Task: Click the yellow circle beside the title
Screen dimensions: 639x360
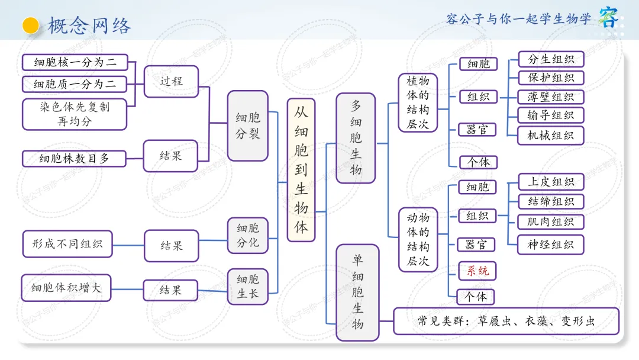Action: [x=31, y=25]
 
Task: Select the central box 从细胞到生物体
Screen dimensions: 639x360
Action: [x=301, y=170]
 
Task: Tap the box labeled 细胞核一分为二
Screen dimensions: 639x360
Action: [x=75, y=62]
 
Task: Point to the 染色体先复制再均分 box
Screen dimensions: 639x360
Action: [x=75, y=114]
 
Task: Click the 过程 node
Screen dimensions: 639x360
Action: [x=171, y=82]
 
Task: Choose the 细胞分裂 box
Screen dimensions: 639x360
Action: [x=248, y=126]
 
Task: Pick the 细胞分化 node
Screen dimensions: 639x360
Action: [x=248, y=236]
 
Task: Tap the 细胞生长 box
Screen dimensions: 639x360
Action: [x=248, y=287]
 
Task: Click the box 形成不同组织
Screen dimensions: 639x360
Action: [x=67, y=244]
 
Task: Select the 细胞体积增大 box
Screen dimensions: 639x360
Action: [x=66, y=288]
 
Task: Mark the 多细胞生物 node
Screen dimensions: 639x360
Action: [x=356, y=138]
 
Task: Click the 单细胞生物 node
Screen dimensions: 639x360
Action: [x=357, y=292]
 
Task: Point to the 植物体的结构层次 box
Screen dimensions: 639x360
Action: [x=418, y=103]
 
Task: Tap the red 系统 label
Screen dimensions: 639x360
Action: [x=477, y=271]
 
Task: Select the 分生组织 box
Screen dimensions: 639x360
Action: [x=551, y=59]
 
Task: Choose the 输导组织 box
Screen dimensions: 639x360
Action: [x=551, y=115]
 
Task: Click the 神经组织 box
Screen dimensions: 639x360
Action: [x=551, y=245]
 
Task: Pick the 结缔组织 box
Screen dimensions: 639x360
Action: [x=551, y=201]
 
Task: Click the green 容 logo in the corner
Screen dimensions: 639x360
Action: [x=608, y=17]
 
